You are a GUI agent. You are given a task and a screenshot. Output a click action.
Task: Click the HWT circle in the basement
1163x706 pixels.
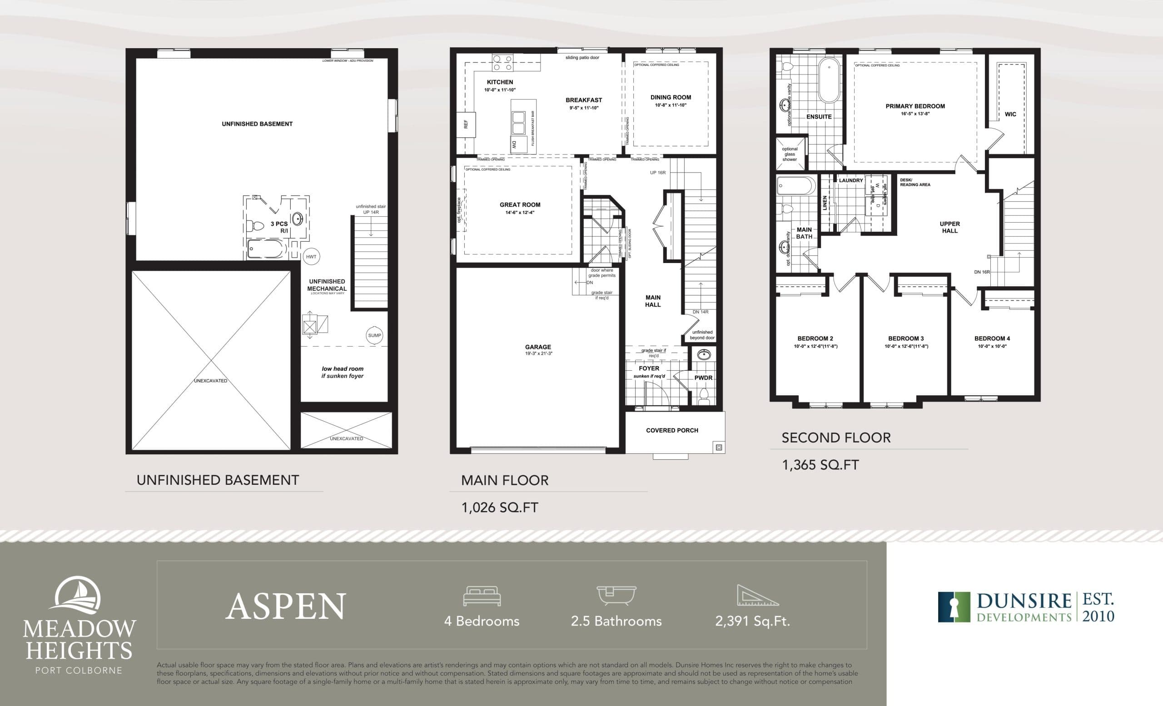(311, 257)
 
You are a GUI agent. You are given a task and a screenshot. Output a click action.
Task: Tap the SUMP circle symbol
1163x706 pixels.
(374, 336)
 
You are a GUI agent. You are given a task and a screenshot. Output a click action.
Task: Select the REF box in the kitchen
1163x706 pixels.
(466, 124)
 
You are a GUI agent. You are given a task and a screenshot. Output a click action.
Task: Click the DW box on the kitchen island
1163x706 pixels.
(514, 145)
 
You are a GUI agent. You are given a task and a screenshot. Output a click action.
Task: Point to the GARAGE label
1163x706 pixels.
(537, 347)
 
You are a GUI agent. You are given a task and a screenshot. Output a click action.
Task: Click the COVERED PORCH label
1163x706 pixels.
(671, 430)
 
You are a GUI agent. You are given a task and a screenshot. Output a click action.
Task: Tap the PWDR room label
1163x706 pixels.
(703, 378)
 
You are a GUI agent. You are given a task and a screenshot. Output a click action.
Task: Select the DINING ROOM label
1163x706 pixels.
(670, 97)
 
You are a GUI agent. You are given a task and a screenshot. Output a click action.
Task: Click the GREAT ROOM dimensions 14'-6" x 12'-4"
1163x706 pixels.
(520, 213)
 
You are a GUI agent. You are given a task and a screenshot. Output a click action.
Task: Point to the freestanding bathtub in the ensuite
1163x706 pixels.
(829, 80)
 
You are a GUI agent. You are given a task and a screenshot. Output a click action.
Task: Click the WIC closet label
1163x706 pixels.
(1010, 114)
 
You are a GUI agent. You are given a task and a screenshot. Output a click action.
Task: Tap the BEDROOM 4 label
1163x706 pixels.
(992, 338)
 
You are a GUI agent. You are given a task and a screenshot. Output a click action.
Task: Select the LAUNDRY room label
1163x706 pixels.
(850, 180)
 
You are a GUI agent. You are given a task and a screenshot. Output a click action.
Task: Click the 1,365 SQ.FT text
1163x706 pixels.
(820, 465)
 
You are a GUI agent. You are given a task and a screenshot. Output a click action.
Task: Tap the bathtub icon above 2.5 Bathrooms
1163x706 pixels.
(616, 596)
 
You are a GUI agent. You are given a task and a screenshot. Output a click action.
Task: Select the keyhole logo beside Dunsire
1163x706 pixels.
(954, 607)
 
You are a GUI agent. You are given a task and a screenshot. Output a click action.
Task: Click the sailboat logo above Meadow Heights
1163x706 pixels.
(78, 596)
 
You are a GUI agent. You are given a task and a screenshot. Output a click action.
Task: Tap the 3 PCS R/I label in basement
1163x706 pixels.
(279, 227)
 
